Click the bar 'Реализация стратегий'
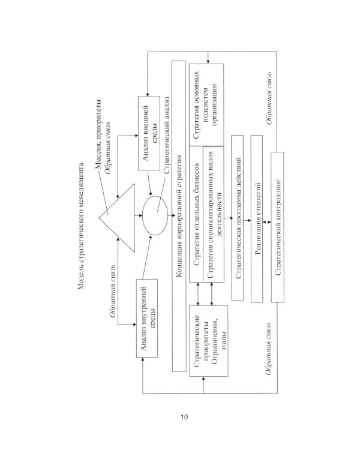click(258, 218)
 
